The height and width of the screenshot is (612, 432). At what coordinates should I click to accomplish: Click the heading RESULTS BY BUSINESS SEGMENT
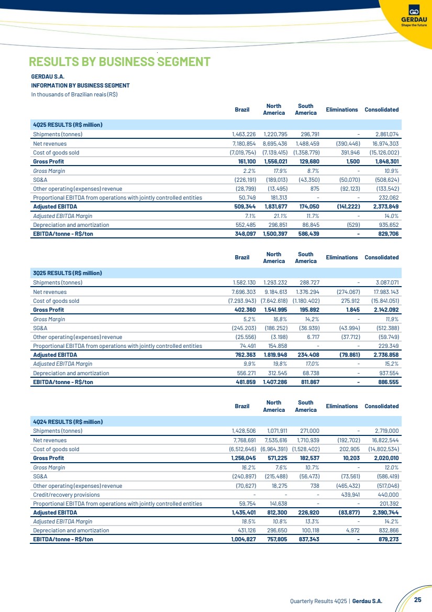[119, 62]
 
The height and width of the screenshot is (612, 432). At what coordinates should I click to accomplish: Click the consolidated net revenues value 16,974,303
[382, 143]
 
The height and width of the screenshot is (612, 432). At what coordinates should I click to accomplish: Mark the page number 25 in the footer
[417, 599]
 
